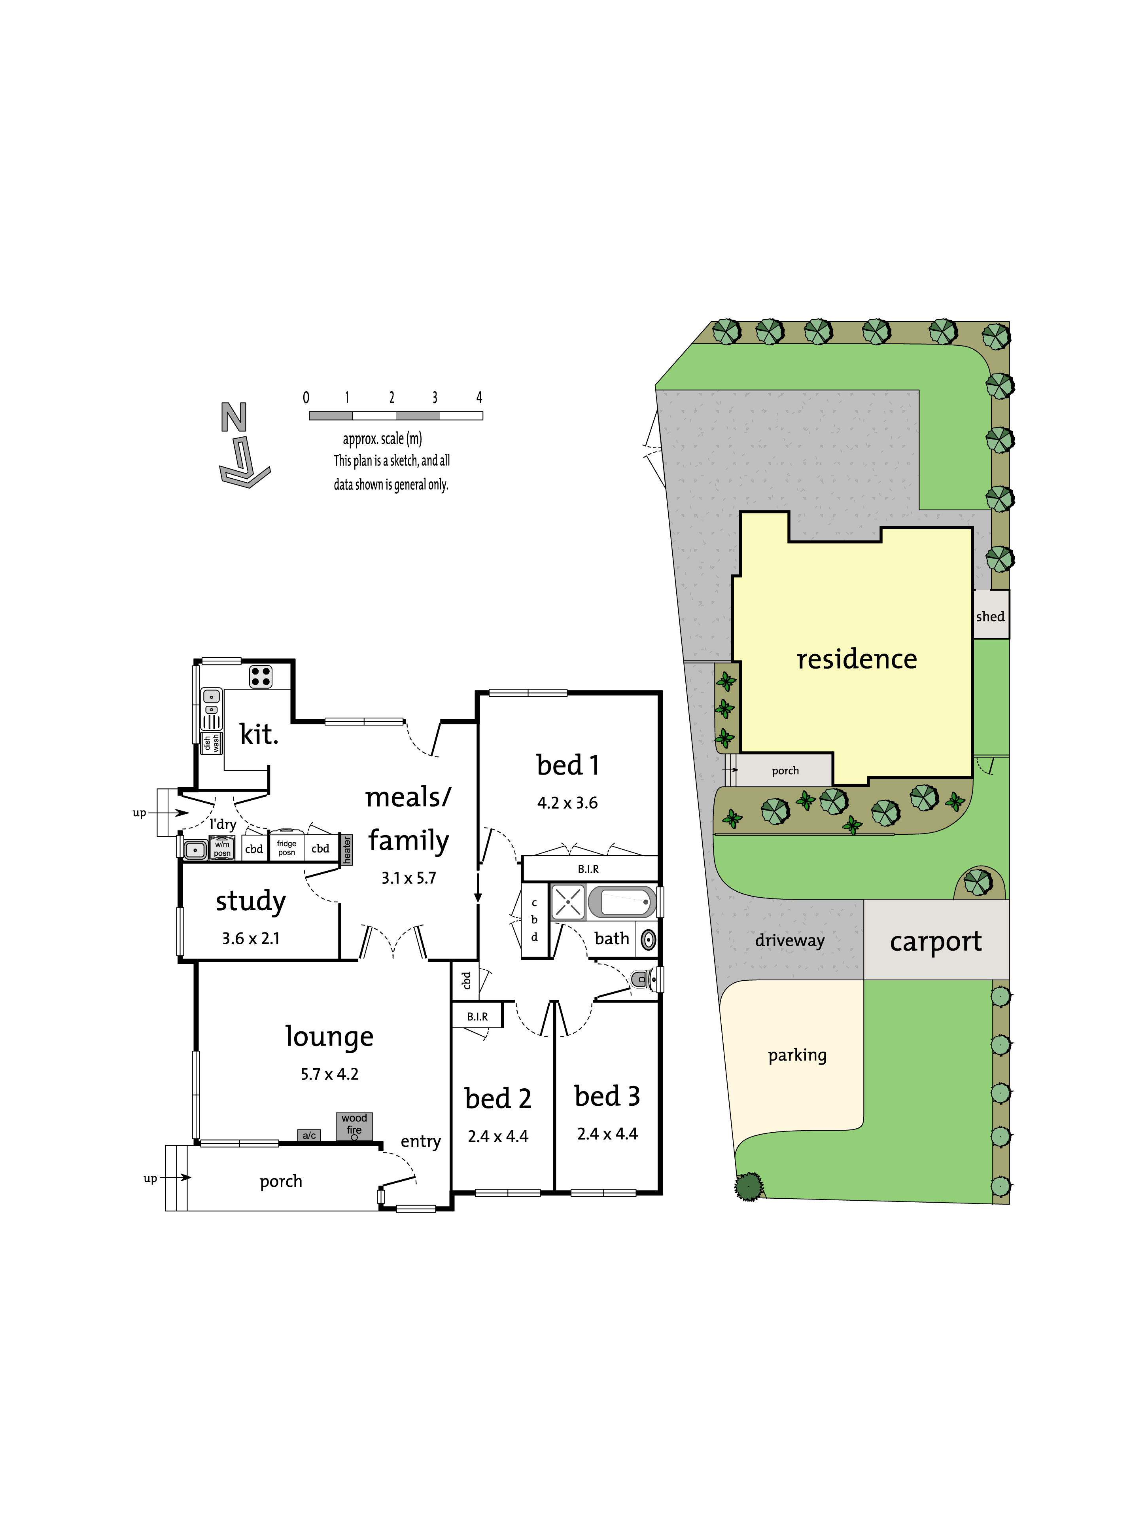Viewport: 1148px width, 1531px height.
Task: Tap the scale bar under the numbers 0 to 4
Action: (x=396, y=416)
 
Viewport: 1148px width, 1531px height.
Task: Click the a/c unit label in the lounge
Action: (x=309, y=1135)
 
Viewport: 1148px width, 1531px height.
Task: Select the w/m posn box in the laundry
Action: (x=222, y=847)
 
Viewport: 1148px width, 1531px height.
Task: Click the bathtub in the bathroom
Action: (x=622, y=902)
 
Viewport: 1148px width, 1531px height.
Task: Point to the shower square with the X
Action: (x=568, y=902)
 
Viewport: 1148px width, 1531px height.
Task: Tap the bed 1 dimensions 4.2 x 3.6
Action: (x=567, y=803)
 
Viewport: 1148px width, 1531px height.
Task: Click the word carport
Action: (x=936, y=942)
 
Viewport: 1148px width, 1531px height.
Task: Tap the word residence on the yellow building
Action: (x=857, y=659)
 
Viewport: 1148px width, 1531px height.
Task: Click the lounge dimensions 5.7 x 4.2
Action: (x=329, y=1074)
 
